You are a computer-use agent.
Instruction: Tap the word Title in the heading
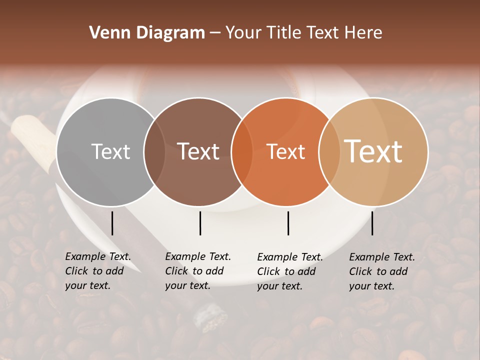tap(284, 33)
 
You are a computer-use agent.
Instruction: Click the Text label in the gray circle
tap(110, 151)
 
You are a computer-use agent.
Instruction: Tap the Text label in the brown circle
tap(198, 151)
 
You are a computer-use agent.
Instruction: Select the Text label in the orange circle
tap(286, 151)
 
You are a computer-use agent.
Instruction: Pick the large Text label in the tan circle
tap(373, 151)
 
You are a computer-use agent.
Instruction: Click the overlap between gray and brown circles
tap(154, 151)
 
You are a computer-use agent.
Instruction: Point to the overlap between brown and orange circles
tap(242, 151)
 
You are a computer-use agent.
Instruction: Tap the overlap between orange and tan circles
tap(329, 151)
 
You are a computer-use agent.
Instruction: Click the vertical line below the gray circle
tap(112, 223)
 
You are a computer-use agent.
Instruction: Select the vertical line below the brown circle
tap(200, 223)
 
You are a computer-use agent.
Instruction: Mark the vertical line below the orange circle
tap(288, 223)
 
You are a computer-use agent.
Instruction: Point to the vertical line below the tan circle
tap(372, 223)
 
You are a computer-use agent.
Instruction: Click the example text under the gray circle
tap(97, 271)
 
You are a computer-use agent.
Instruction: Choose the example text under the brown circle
tap(197, 271)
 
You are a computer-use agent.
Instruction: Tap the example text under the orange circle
tap(289, 271)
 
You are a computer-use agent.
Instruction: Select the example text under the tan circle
tap(381, 271)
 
